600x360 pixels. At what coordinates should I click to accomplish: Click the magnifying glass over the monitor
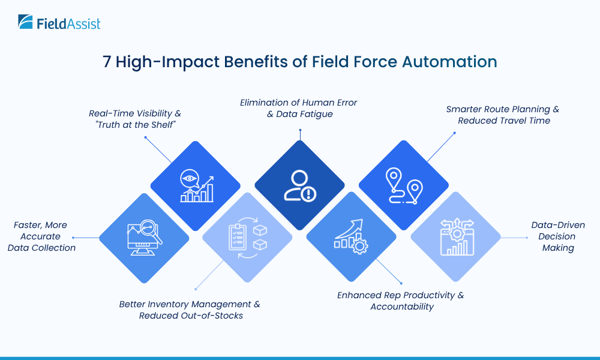point(152,232)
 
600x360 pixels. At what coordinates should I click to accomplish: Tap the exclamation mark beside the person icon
point(308,194)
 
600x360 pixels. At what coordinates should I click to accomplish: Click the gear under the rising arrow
point(361,246)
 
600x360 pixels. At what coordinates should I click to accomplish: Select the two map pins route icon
point(403,185)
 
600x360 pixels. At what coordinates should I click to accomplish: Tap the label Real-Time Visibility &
point(134,113)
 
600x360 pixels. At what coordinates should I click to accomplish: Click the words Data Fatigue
point(299,114)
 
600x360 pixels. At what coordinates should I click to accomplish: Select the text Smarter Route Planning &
point(502,109)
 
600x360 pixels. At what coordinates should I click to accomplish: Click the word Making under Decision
point(558,248)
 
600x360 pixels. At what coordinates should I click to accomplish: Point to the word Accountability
point(401,307)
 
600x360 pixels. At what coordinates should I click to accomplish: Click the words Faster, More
point(41,225)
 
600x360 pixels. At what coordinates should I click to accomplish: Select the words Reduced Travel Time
point(503,121)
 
